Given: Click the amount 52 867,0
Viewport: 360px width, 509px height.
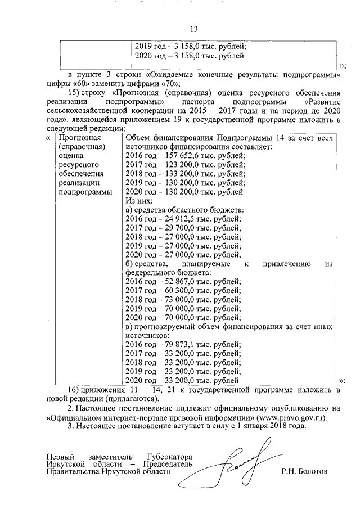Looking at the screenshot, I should click(x=174, y=281).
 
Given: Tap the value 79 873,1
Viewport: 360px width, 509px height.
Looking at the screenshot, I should click(x=174, y=345).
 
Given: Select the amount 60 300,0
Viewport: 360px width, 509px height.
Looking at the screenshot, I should click(x=174, y=290).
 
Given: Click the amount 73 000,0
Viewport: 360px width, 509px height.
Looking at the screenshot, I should click(x=174, y=300).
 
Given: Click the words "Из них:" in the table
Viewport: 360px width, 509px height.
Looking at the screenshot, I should click(x=138, y=201).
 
